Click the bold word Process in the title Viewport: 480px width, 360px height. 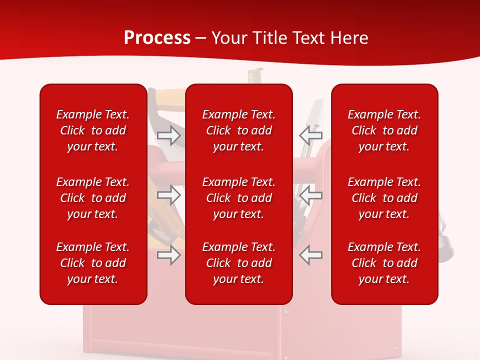[157, 38]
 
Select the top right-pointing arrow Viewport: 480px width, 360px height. [169, 135]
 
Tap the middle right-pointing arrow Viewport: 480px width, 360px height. [169, 195]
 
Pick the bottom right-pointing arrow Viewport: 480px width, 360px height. [169, 255]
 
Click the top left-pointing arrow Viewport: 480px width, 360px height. [310, 135]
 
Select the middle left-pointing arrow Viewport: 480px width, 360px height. [310, 195]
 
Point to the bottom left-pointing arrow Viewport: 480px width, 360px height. [310, 255]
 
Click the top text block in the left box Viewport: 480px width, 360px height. [93, 130]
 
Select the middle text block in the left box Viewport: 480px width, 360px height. [93, 198]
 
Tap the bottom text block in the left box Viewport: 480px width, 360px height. [93, 263]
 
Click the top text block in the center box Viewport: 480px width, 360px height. [239, 130]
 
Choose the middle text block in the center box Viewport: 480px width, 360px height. [239, 198]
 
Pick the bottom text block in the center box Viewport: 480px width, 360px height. [239, 263]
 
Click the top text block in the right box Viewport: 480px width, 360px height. [384, 130]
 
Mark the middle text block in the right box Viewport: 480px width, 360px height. [384, 198]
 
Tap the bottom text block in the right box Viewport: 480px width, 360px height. [384, 263]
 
